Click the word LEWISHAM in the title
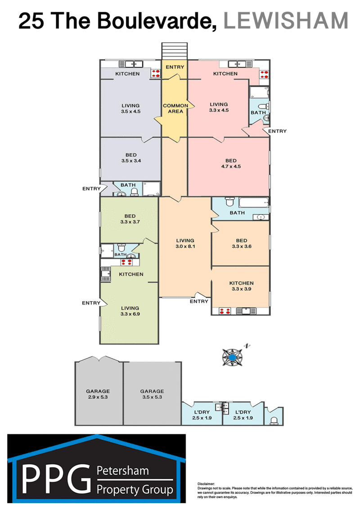pos(286,20)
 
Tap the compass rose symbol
pos(232,357)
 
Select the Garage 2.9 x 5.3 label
pos(98,394)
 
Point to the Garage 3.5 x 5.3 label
pos(152,394)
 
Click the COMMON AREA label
pos(175,108)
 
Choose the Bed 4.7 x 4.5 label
pos(231,164)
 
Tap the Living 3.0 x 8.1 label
pos(185,243)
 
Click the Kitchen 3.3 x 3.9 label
pos(241,286)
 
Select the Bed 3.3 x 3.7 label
pos(130,219)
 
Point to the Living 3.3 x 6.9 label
pos(130,311)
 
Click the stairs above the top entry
pos(175,51)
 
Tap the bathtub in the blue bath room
pos(254,202)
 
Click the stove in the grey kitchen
pos(156,73)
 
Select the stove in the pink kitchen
pos(264,75)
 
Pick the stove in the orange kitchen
pos(225,311)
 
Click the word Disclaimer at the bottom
pos(206,484)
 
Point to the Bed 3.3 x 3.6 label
pos(241,243)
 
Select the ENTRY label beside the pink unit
pos(278,131)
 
